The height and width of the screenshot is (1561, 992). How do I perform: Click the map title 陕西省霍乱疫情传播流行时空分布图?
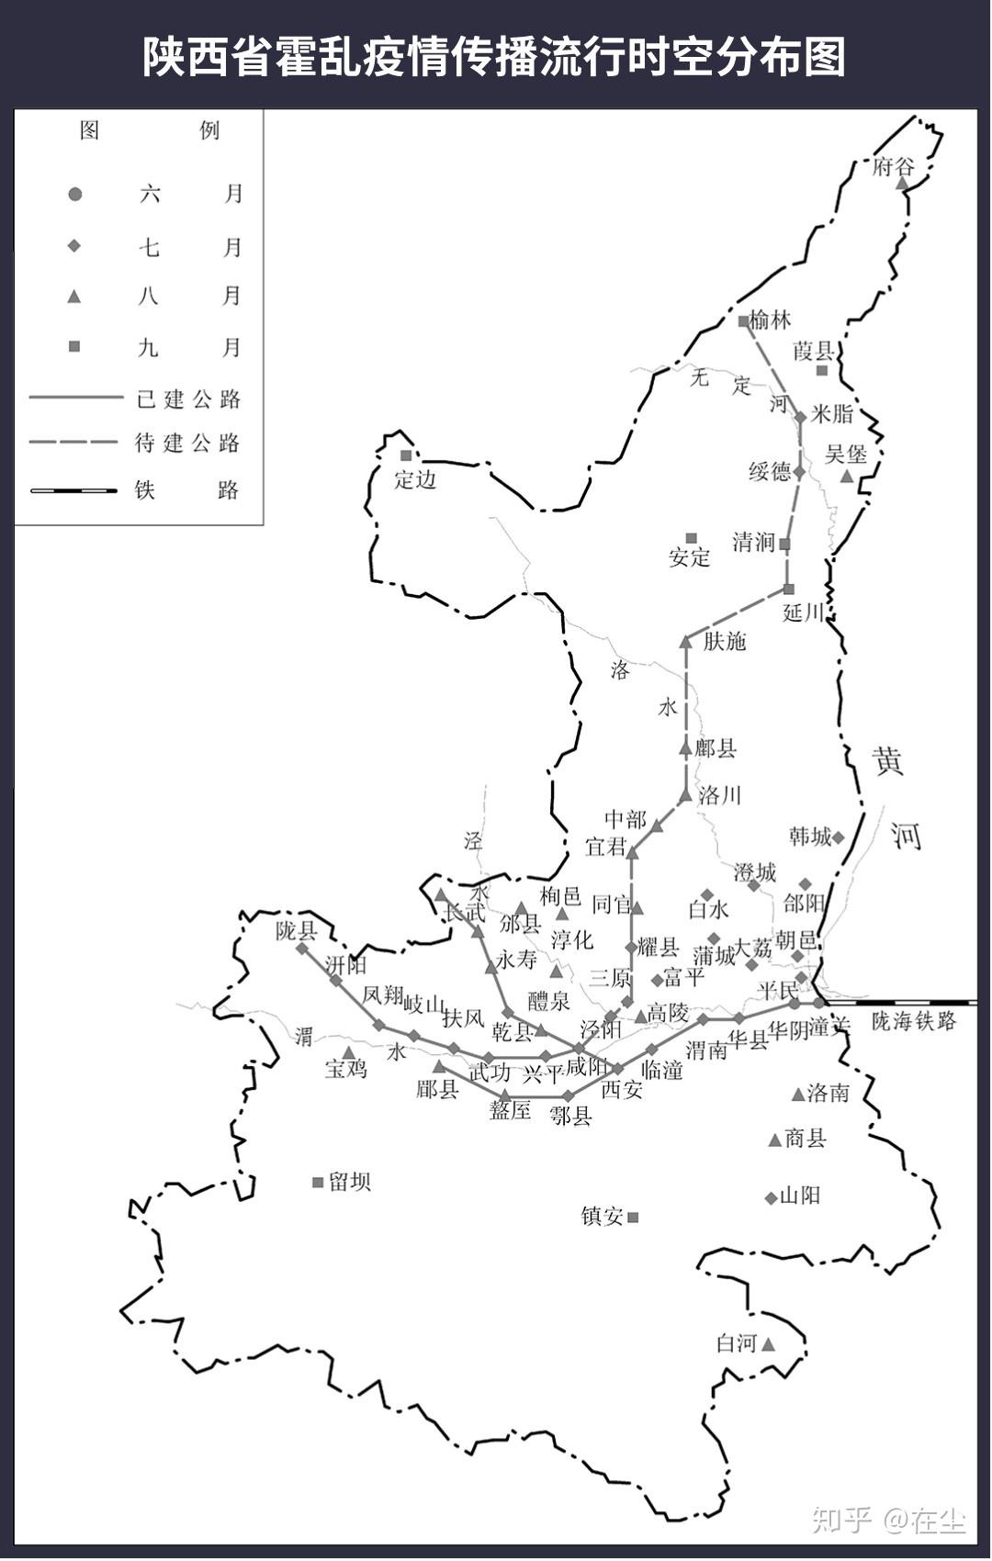coord(494,57)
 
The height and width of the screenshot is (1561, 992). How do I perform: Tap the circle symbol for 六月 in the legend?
coord(75,195)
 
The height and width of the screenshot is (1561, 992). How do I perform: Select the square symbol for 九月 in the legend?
coord(75,346)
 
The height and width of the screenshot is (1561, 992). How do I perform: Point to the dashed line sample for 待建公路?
coord(74,443)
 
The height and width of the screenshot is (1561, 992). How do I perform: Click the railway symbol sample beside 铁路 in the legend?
coord(74,490)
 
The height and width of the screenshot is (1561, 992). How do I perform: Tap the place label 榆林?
coord(770,320)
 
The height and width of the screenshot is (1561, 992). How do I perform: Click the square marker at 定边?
coord(406,455)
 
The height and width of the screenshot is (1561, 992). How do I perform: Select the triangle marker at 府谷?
coord(903,184)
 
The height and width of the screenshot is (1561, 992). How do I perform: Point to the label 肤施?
coord(725,642)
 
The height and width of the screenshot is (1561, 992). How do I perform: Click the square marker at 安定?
coord(692,539)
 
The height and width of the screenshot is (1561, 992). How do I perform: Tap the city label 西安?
coord(622,1090)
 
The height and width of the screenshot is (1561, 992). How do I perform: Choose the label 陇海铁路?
coord(913,1021)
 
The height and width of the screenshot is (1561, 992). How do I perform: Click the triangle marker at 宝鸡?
coord(348,1052)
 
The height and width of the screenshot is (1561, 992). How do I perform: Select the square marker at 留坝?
coord(318,1183)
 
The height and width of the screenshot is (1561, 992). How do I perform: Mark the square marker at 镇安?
coord(633,1218)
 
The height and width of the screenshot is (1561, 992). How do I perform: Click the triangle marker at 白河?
coord(769,1344)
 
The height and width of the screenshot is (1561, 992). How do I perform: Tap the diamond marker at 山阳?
coord(771,1197)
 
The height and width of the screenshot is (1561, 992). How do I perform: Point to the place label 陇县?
coord(296,931)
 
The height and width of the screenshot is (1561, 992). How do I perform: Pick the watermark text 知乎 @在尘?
coord(888,1521)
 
